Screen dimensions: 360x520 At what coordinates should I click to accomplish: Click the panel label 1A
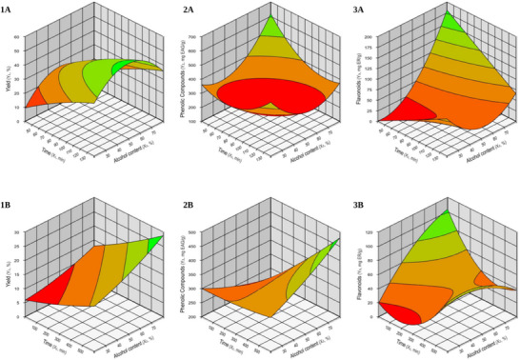pos(7,8)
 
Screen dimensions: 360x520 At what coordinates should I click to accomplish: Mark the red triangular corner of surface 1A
pos(35,94)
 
